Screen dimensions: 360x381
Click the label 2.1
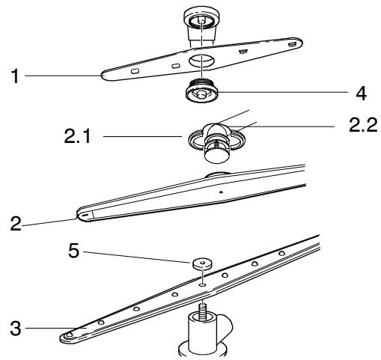[x=72, y=137]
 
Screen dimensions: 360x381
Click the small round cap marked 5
[x=201, y=263]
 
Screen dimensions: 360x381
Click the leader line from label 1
[x=60, y=76]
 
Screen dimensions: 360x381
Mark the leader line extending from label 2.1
[x=142, y=137]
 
